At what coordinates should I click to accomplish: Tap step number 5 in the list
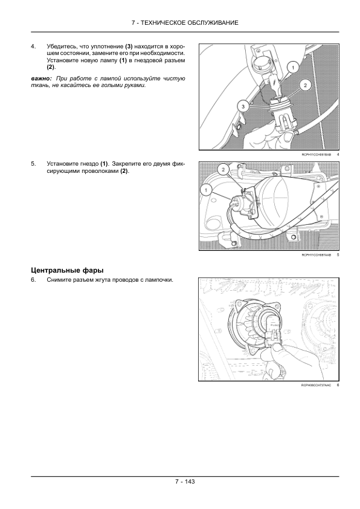(33, 164)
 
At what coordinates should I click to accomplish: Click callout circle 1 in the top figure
(292, 68)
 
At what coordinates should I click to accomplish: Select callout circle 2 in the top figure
(306, 86)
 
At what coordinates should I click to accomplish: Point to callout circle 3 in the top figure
(243, 106)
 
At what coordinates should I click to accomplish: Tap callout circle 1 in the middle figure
(207, 190)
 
